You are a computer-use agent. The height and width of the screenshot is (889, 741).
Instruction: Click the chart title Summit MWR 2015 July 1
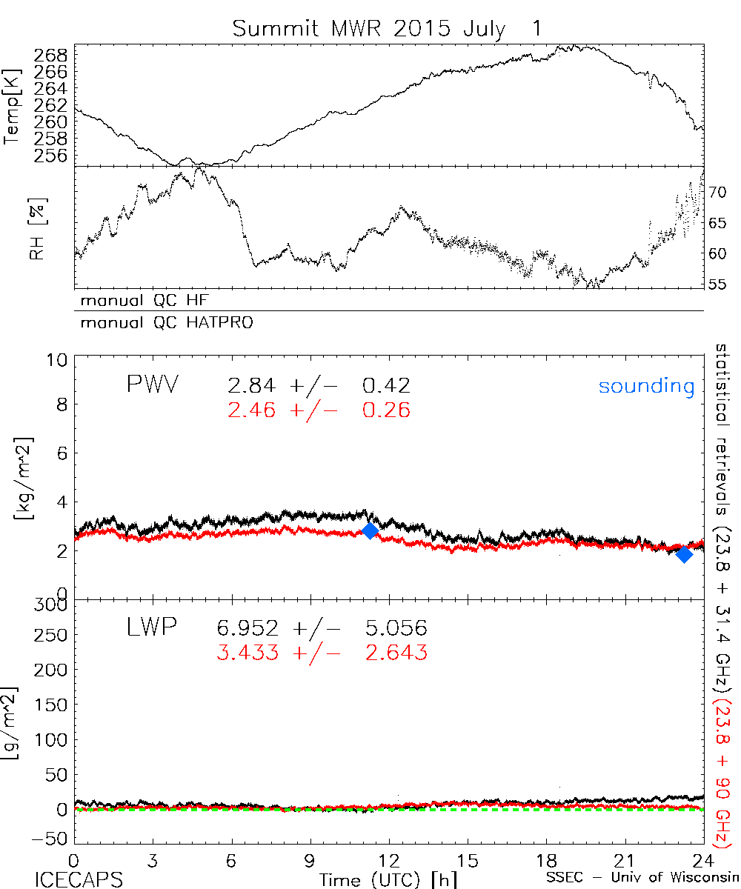[388, 28]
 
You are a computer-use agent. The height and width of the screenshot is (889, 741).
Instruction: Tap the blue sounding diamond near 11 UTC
[370, 530]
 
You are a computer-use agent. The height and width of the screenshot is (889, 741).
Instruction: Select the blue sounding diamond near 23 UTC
[684, 553]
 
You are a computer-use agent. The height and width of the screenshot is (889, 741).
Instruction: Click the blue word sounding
[646, 386]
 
